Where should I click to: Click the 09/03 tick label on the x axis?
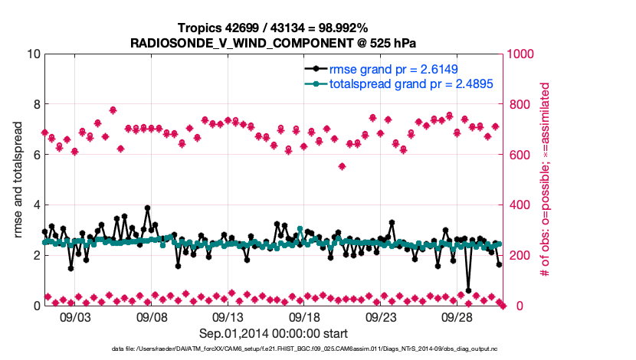[75, 316]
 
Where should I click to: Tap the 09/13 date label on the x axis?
[228, 316]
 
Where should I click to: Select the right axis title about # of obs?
[546, 180]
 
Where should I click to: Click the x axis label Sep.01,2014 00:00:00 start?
[274, 333]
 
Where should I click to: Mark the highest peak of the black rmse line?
[147, 208]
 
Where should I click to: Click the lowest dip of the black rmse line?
[468, 290]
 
